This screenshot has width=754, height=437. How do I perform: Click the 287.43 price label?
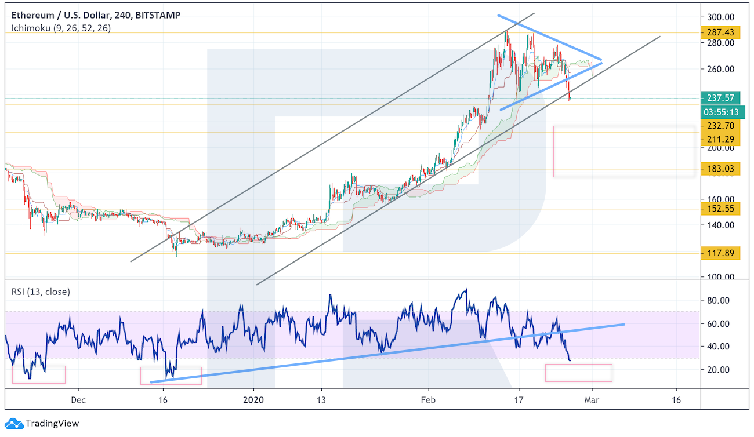720,32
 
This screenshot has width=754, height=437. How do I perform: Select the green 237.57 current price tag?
720,97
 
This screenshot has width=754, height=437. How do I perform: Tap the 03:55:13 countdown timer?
720,112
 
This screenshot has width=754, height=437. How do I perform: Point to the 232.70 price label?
720,125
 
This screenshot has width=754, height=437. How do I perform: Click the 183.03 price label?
720,169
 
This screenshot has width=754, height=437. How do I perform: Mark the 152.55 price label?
720,208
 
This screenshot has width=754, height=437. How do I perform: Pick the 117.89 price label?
720,253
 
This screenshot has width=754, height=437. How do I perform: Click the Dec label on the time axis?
78,400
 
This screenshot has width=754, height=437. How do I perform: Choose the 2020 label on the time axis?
253,400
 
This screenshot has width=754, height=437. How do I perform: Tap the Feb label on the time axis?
428,400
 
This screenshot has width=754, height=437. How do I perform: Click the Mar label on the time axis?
592,400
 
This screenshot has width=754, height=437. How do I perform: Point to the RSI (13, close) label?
40,292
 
